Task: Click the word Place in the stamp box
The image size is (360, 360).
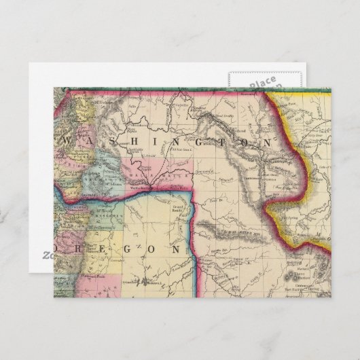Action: click(262, 84)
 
